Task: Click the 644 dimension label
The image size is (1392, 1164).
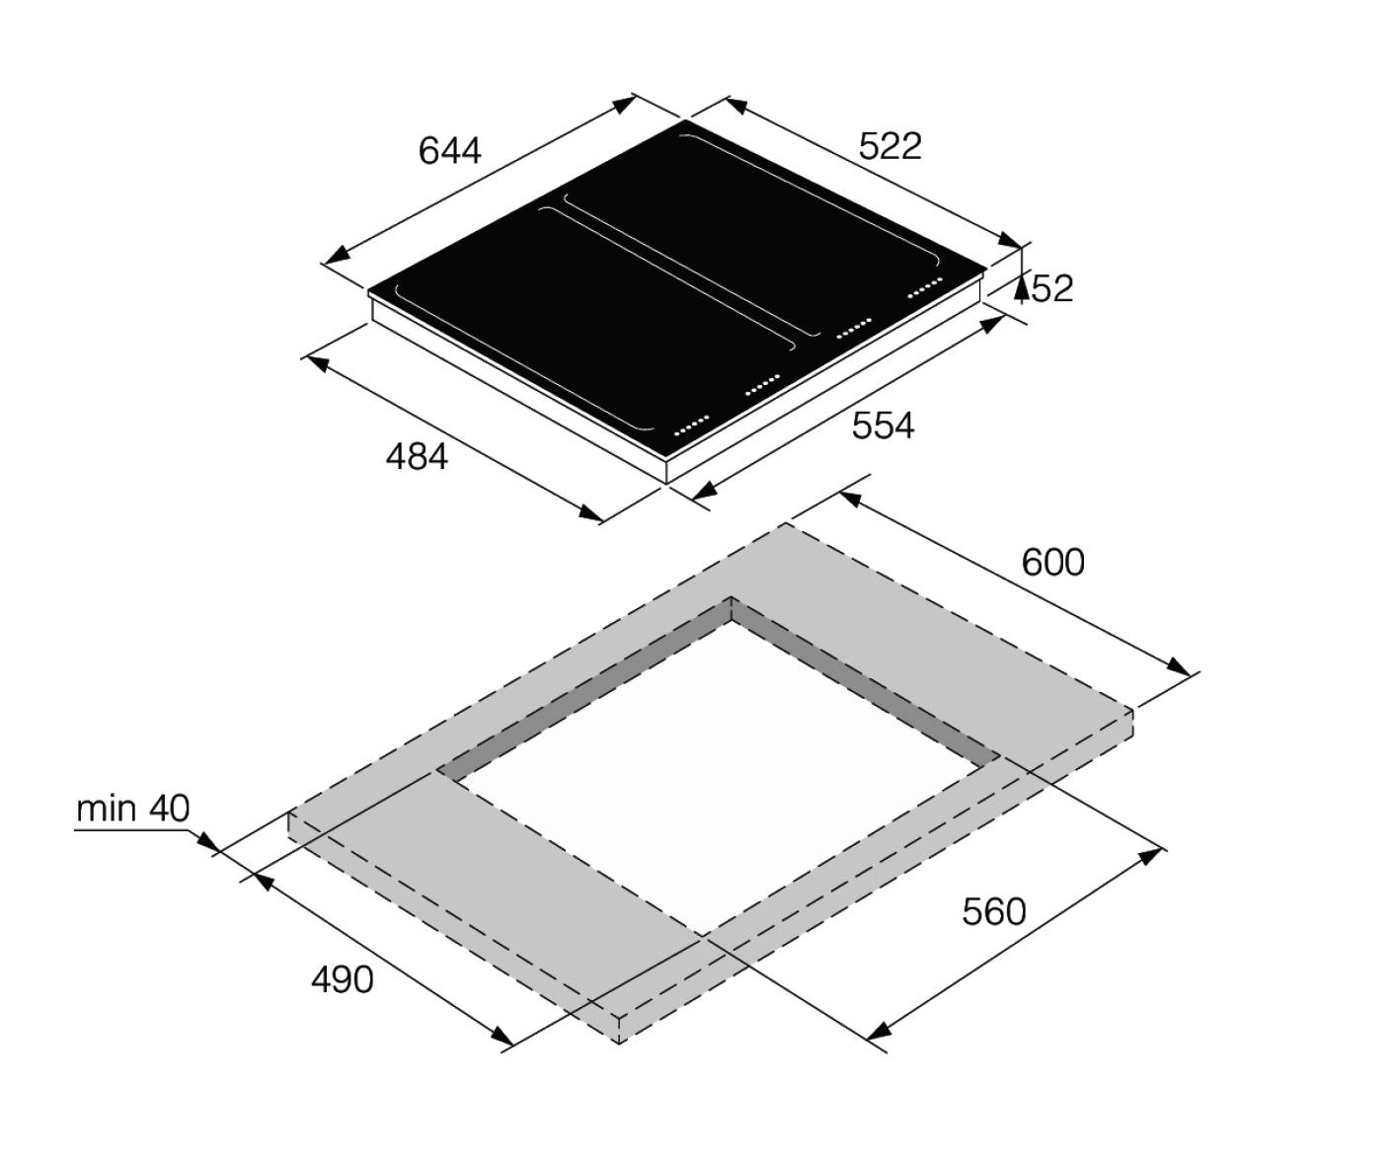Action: pos(449,151)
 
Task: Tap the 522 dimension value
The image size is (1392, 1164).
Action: pos(890,147)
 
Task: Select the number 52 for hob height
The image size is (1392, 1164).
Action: pos(1052,288)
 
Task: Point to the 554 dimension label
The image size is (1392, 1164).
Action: pos(883,426)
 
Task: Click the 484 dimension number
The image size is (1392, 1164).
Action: pos(417,457)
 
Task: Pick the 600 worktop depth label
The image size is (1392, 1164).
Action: pos(1052,563)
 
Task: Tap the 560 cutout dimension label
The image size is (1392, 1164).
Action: pos(993,912)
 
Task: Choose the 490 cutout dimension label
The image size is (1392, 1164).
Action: pos(342,980)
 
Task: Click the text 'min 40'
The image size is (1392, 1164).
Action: pos(133,809)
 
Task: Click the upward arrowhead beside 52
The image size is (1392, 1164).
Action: pos(1022,288)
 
